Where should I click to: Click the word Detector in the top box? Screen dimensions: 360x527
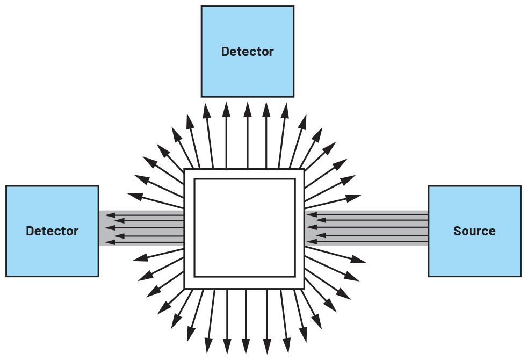tap(247, 52)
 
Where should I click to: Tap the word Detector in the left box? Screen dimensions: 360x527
tap(52, 231)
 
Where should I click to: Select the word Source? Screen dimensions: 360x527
tap(474, 231)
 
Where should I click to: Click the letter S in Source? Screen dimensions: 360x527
tap(457, 231)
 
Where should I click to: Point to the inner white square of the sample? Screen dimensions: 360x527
tap(244, 228)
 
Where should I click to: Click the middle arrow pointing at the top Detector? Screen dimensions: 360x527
tap(247, 134)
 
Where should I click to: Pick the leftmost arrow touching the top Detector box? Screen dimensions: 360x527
tap(206, 134)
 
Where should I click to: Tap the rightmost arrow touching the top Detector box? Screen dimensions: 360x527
tap(285, 134)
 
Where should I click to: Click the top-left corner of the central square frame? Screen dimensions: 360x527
tap(185, 170)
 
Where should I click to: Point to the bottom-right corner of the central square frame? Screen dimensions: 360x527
tap(304, 288)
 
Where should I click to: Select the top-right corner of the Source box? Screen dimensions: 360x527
tap(520, 186)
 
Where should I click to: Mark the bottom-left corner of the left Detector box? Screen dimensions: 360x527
tap(6, 276)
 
